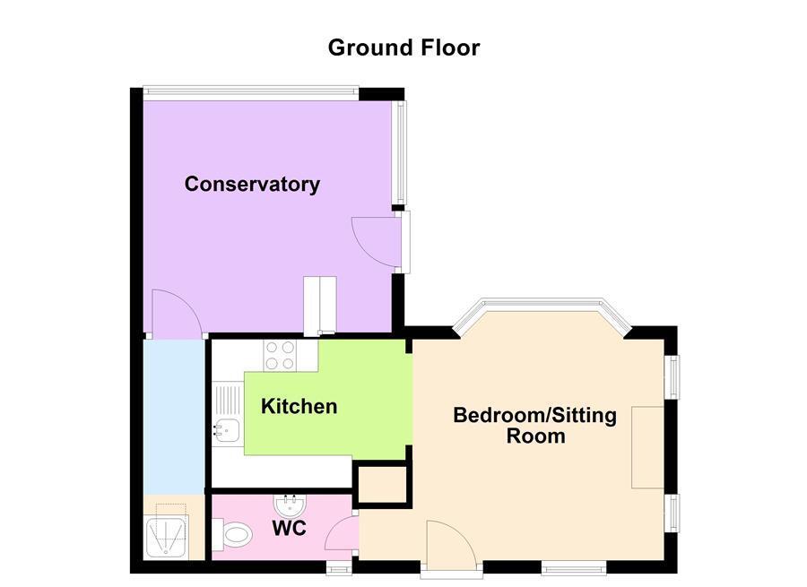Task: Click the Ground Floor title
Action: point(403,47)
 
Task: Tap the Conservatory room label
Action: point(252,185)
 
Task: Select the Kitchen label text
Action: point(299,407)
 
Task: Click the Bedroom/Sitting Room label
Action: point(535,426)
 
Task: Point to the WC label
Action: point(289,529)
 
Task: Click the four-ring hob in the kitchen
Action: point(280,357)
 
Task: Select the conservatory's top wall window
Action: point(251,90)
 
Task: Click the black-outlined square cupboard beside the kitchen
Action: point(383,485)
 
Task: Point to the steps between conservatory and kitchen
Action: point(319,306)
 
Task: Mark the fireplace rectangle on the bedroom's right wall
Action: point(646,446)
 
